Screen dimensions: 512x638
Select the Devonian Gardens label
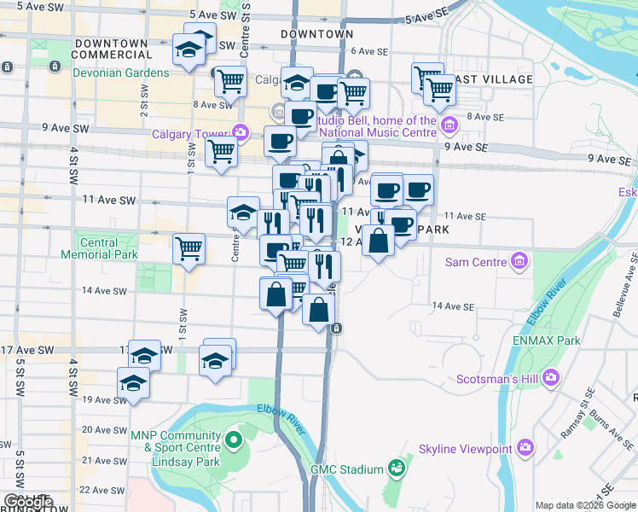tap(121, 73)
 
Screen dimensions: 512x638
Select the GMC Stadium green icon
tap(396, 468)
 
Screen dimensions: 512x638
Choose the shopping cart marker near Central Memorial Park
tap(188, 248)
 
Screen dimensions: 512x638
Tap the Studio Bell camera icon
tap(449, 126)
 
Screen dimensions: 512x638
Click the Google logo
tap(28, 503)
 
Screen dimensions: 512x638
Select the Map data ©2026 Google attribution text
tap(585, 505)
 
